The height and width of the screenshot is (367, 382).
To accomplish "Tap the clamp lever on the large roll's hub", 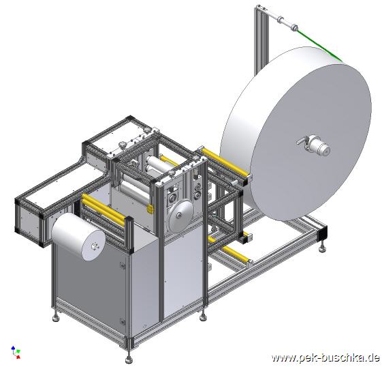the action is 302,141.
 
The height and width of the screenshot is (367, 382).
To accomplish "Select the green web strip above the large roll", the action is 319,44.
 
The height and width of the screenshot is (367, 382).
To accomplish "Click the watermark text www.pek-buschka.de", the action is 325,357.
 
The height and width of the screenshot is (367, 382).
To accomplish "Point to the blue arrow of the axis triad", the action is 13,348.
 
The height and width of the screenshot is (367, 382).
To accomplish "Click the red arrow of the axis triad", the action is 18,357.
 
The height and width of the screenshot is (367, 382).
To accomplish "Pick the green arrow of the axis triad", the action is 18,351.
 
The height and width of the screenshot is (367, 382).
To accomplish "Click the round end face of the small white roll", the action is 93,246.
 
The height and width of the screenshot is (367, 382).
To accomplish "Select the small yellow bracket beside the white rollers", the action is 150,209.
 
